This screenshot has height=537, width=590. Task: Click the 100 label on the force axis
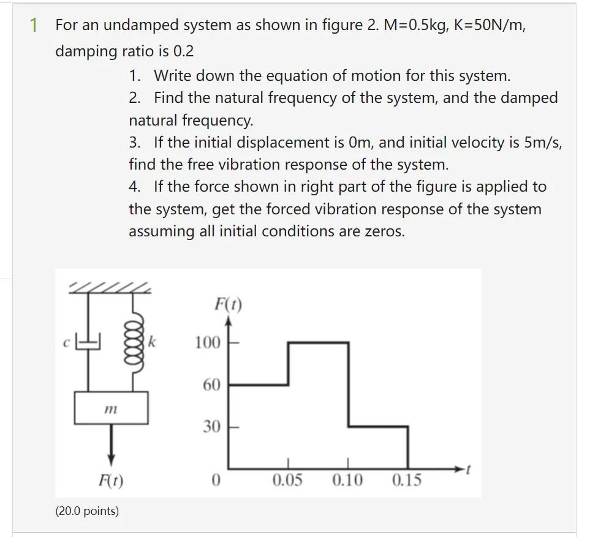coord(208,342)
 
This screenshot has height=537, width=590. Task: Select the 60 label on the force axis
coord(211,385)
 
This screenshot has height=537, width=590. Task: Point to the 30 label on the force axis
coord(211,427)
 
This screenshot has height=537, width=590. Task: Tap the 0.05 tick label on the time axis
coord(287,480)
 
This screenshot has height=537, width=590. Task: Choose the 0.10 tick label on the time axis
coord(347,480)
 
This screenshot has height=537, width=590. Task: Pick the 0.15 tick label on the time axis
coord(407,480)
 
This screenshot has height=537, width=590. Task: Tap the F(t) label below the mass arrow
coord(111,481)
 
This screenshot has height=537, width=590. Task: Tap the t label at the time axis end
coord(467,470)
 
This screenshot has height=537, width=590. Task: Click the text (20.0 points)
coord(87,511)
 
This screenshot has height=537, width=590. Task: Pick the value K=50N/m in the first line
coord(490,26)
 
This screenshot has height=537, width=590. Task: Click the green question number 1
coord(34,26)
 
